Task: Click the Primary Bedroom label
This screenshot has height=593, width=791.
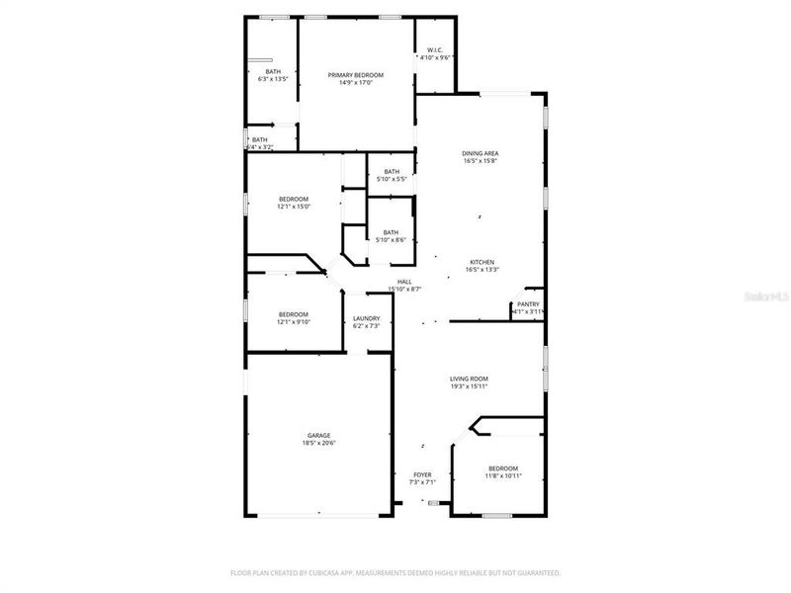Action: coord(356,75)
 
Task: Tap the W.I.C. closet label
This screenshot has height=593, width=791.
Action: coord(435,50)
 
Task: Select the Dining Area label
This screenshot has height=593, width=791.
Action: coord(480,153)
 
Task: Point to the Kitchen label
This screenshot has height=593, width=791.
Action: coord(482,262)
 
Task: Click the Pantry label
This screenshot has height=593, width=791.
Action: coord(528,304)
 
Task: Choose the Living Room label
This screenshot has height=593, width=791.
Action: coord(469,379)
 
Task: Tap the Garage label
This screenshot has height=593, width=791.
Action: coord(318,436)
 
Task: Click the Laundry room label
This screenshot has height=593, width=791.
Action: coord(366,318)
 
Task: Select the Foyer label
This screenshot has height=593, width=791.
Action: coord(422,475)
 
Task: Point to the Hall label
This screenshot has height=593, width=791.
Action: coord(404,282)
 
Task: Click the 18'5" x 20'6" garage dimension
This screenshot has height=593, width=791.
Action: coord(318,444)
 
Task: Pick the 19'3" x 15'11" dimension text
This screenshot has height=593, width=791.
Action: coord(469,386)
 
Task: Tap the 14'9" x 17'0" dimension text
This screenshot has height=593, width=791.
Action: coord(356,83)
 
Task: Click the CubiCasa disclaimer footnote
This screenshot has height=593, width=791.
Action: coord(395,572)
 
